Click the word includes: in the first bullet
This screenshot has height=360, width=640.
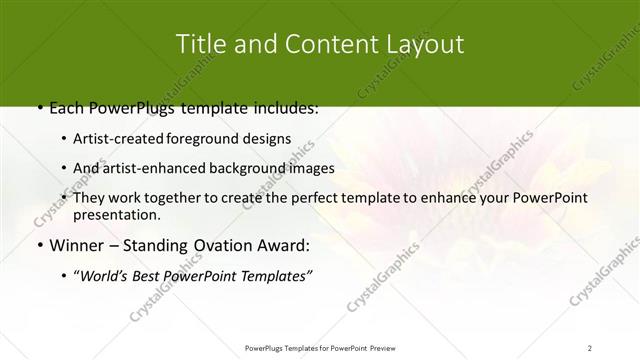(x=282, y=107)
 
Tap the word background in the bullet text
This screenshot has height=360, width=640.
(x=253, y=168)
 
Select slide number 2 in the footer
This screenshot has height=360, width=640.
(x=590, y=347)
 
